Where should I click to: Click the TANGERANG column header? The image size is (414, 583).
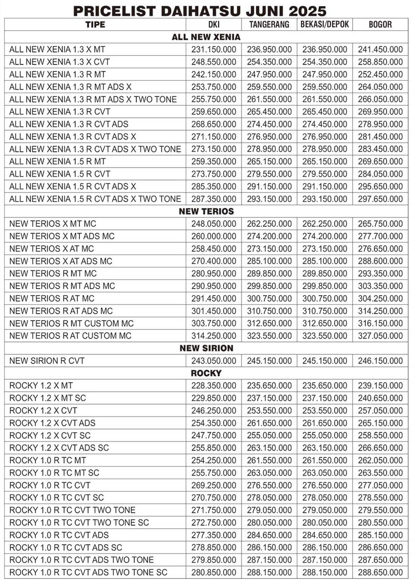point(269,24)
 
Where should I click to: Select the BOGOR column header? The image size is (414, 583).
point(380,24)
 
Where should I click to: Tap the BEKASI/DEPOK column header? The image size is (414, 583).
point(325,24)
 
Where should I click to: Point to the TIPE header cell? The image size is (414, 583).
point(95,24)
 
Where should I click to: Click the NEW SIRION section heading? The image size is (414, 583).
point(206,348)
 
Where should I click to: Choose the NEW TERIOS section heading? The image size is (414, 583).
point(206,211)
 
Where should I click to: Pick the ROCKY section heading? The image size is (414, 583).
point(206,373)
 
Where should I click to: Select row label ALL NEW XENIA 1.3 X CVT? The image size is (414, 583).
point(59,62)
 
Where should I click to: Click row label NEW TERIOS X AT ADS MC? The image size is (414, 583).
point(60,261)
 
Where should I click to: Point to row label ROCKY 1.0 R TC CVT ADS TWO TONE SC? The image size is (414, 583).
point(88,573)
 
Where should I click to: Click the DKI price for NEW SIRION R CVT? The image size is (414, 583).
point(214,361)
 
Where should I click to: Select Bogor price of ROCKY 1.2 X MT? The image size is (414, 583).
point(380,386)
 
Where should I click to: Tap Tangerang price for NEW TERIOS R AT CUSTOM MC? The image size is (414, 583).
point(269,336)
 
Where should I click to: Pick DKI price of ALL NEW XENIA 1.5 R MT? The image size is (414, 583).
point(214,161)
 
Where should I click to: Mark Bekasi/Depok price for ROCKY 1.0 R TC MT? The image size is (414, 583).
point(325,460)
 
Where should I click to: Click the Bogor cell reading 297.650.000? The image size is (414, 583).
point(380,199)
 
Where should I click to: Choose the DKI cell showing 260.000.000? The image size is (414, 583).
point(214,236)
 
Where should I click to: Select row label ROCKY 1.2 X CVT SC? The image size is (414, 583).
point(50,436)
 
